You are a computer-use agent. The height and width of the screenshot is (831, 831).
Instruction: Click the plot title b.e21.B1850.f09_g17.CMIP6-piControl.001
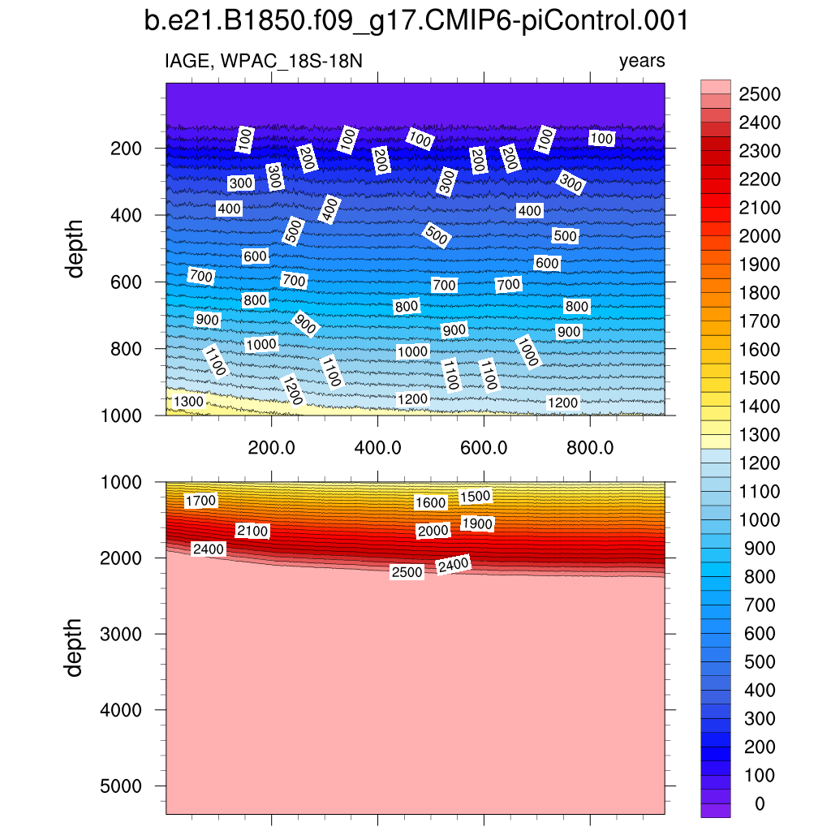point(415,21)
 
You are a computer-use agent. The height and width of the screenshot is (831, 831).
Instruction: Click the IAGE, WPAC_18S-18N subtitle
point(263,61)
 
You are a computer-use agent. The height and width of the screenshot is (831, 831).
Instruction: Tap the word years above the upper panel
point(642,61)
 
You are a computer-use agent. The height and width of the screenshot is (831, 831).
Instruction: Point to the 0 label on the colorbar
point(759,803)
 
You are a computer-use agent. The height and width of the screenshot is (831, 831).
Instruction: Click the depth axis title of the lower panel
point(75,647)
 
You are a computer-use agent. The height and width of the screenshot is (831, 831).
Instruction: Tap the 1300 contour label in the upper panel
point(188,402)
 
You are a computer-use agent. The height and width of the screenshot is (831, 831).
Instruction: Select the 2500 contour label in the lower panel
point(407,572)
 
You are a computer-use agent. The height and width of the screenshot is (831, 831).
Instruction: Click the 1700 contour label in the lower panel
point(200,501)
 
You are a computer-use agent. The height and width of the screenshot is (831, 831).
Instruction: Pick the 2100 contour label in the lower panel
point(252,531)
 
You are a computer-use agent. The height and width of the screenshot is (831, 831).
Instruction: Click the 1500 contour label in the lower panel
point(476,497)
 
